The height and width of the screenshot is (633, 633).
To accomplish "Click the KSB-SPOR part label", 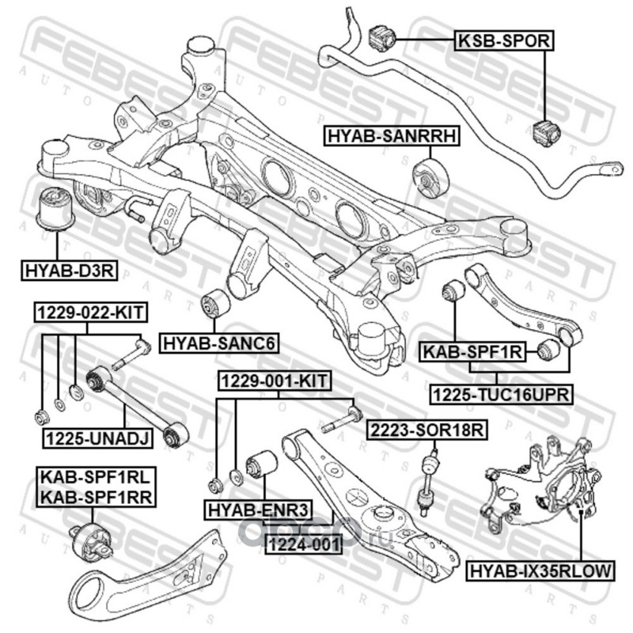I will coord(500,40).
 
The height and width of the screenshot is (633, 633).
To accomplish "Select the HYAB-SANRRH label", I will coord(391,137).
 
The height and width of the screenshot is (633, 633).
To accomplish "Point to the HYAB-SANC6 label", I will coord(210,343).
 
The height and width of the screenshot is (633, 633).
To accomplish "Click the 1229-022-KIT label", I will coord(89,313).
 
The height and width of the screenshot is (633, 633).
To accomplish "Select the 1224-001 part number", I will coord(302,544).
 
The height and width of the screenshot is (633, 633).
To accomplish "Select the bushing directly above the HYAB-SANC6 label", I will coord(214,303).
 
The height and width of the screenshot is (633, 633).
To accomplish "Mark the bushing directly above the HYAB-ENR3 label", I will coord(260,464).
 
